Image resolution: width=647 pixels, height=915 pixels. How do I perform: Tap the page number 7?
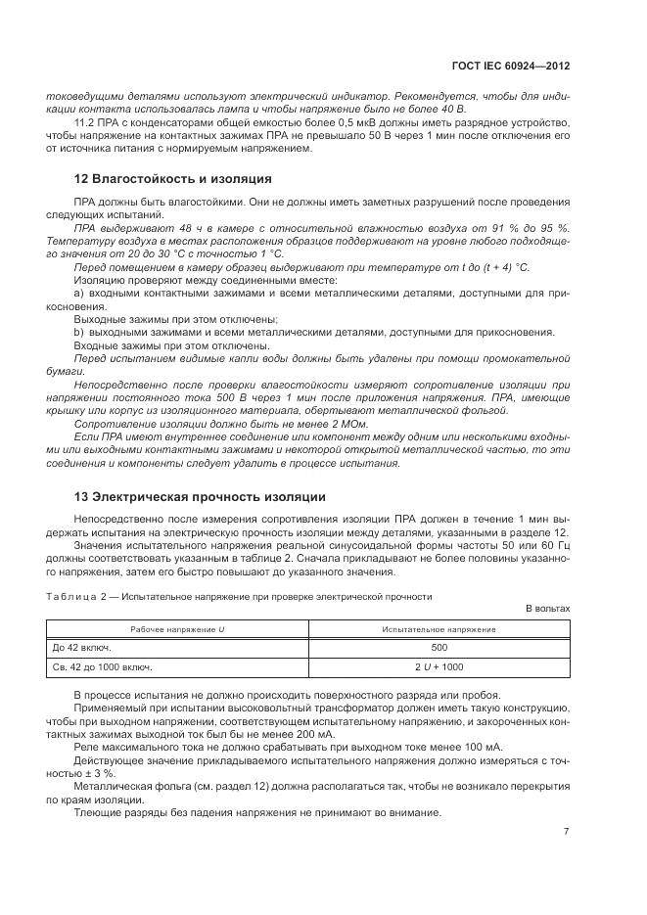(x=566, y=832)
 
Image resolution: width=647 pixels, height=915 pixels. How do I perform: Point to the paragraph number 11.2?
(x=84, y=122)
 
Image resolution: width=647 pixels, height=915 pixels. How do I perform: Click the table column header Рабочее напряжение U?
(x=177, y=628)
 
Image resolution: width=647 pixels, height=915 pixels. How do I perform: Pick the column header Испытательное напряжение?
(x=439, y=628)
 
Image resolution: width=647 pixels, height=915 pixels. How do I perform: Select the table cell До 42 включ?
(x=83, y=647)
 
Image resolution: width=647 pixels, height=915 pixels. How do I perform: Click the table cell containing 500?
(x=439, y=647)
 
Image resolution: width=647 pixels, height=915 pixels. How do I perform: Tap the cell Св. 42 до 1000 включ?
(x=102, y=666)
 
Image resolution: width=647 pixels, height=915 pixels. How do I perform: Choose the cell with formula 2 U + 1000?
(x=439, y=666)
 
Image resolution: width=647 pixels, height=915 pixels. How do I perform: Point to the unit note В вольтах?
(x=547, y=608)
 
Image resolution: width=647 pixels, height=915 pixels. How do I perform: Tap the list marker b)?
(x=78, y=332)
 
